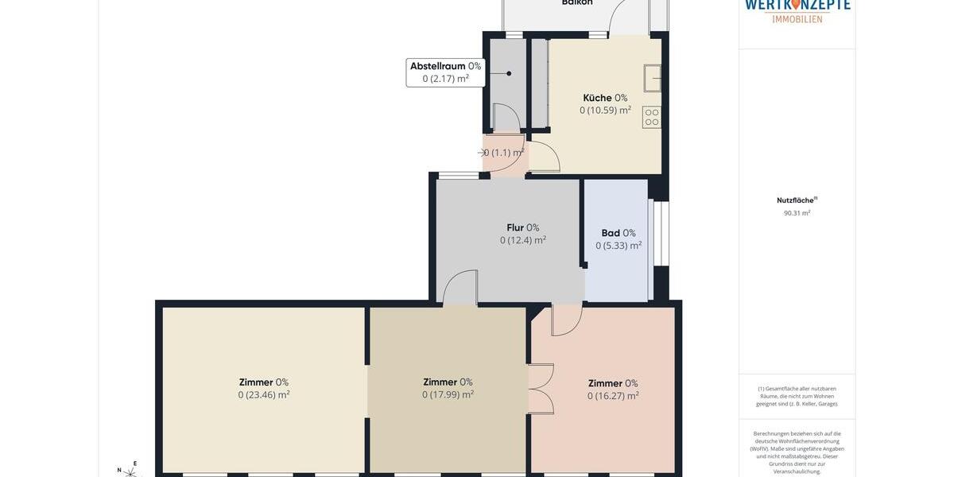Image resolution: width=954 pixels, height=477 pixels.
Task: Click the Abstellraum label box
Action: coord(445,72)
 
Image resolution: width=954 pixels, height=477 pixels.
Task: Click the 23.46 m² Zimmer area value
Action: coord(264,395)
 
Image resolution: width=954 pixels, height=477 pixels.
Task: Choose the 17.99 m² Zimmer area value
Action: coord(448,395)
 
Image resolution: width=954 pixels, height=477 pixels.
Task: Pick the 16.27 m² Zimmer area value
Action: coord(613,396)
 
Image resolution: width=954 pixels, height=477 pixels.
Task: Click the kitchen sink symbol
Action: coord(653,78)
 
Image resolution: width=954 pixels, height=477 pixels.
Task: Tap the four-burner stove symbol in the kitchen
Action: coord(652,117)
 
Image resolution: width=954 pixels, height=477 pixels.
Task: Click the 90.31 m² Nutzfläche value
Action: coord(797,213)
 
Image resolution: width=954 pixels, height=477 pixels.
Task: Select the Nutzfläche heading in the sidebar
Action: coord(796,200)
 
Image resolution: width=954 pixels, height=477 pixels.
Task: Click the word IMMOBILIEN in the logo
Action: coord(797,19)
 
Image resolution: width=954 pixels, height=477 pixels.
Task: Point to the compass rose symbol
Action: coord(129,471)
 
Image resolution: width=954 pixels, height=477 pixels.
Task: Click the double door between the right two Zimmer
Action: coord(541,389)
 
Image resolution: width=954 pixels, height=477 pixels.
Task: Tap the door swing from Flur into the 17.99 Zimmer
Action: coord(460,287)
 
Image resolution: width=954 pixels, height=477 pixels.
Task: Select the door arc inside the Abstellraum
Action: coord(506,118)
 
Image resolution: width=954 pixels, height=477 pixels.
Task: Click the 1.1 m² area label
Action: coord(504,153)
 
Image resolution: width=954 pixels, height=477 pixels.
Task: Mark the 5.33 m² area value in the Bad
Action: coord(619,246)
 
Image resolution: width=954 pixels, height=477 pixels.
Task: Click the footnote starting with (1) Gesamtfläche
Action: coord(797,396)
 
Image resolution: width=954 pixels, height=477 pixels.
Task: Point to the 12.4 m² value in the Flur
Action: coord(523,240)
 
